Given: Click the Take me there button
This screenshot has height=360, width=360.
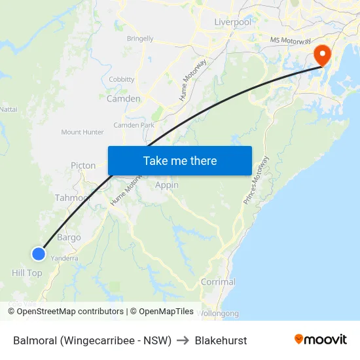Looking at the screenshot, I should point(179,160).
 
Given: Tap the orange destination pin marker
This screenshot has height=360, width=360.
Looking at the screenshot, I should point(323,55).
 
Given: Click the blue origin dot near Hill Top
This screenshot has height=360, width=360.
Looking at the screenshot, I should point(39,253).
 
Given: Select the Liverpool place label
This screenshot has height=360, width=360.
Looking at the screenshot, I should point(232,22).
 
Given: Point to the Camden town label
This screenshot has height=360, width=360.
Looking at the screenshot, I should point(123,99).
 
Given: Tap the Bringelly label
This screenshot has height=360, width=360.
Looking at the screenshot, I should point(140,39).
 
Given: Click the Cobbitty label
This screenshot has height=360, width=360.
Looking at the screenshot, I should point(122,79).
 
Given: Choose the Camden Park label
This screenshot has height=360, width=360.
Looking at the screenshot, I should point(134,125).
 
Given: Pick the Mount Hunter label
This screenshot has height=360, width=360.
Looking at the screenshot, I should point(82,132).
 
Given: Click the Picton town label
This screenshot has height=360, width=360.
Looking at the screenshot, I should point(83,166).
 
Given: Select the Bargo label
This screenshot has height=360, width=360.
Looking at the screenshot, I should point(69,238).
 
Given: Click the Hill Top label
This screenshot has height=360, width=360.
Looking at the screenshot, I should point(27,273).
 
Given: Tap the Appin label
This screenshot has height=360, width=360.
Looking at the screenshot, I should point(167,185).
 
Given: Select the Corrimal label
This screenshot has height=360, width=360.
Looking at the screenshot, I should point(218,282).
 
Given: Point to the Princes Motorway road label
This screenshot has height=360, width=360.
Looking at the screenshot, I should point(256,181).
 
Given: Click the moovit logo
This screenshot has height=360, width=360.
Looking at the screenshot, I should point(320,340).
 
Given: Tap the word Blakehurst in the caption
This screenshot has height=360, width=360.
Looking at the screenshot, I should point(221,340).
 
